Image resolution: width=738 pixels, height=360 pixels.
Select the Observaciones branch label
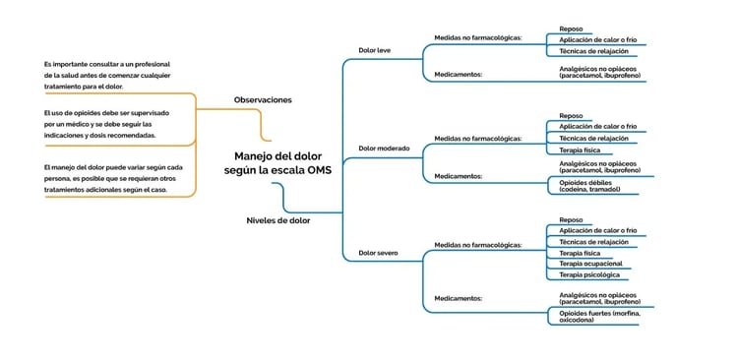click(x=263, y=99)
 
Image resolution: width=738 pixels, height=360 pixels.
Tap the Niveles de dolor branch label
click(x=277, y=220)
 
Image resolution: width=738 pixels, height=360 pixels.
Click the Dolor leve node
click(x=374, y=49)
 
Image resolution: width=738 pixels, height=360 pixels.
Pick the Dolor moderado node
click(x=383, y=149)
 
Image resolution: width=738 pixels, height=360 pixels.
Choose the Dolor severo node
click(x=378, y=253)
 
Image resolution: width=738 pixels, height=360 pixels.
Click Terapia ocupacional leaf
click(x=590, y=264)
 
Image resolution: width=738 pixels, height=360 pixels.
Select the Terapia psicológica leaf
click(x=589, y=275)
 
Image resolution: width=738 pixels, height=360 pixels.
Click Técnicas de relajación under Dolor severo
click(x=593, y=241)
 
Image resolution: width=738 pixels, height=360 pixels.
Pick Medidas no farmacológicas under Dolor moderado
click(x=477, y=139)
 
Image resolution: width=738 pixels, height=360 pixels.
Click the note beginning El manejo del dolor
click(x=105, y=178)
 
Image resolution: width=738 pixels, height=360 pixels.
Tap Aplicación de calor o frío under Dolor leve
click(x=597, y=39)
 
